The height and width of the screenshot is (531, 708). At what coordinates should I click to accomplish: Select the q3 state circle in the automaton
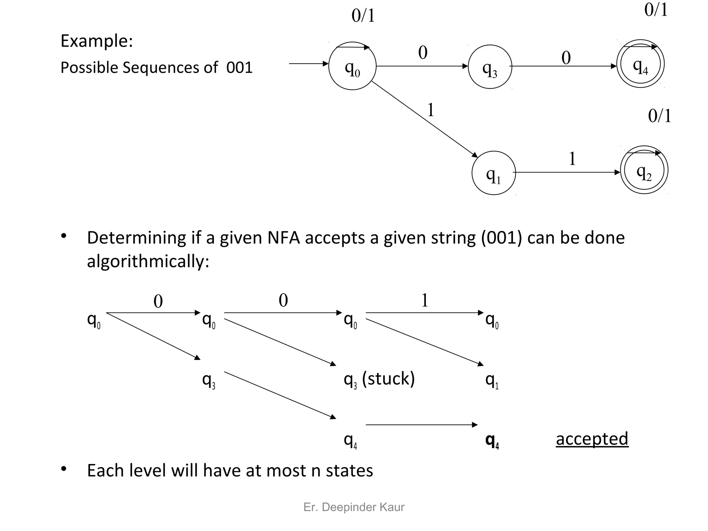[490, 67]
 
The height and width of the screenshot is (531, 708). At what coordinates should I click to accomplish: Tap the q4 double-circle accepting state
[640, 64]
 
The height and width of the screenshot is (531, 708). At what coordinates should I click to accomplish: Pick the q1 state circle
[494, 173]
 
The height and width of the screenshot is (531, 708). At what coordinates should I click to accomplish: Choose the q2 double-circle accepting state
[644, 170]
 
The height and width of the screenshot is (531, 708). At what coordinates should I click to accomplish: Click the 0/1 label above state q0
[363, 16]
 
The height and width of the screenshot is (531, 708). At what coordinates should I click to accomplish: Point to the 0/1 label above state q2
[660, 116]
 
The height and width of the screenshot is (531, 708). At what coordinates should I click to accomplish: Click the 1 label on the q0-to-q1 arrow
[431, 110]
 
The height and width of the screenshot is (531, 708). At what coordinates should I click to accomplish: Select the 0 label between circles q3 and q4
[566, 58]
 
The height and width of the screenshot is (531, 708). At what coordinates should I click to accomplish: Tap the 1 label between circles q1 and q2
[572, 159]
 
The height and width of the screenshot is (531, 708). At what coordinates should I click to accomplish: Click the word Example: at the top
[97, 41]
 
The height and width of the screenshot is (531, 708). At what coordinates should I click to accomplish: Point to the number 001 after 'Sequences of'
[239, 67]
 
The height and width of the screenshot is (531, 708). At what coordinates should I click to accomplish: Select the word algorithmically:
[148, 261]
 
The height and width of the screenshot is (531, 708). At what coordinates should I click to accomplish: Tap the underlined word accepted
[592, 439]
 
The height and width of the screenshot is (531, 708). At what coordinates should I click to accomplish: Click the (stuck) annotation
[388, 379]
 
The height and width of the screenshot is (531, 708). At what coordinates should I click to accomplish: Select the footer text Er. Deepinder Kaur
[354, 507]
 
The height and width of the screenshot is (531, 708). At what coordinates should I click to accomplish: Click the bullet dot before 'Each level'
[63, 469]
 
